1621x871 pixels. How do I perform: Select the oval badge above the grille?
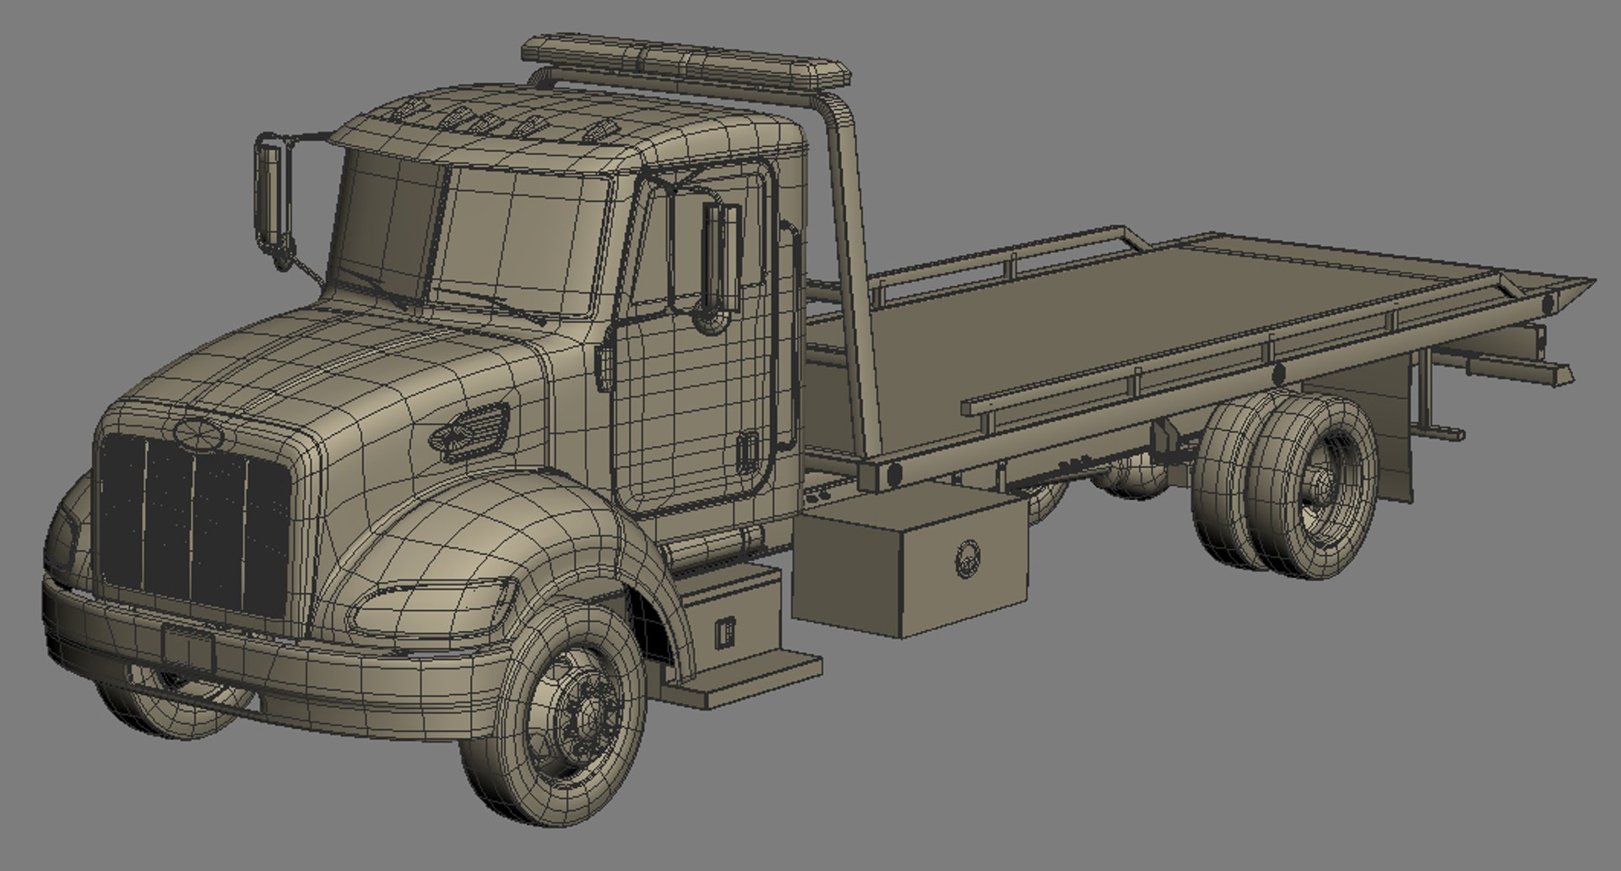click(199, 433)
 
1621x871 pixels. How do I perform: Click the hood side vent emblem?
click(470, 430)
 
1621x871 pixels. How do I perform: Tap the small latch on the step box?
click(724, 632)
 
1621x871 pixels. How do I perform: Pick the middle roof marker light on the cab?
click(481, 123)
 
